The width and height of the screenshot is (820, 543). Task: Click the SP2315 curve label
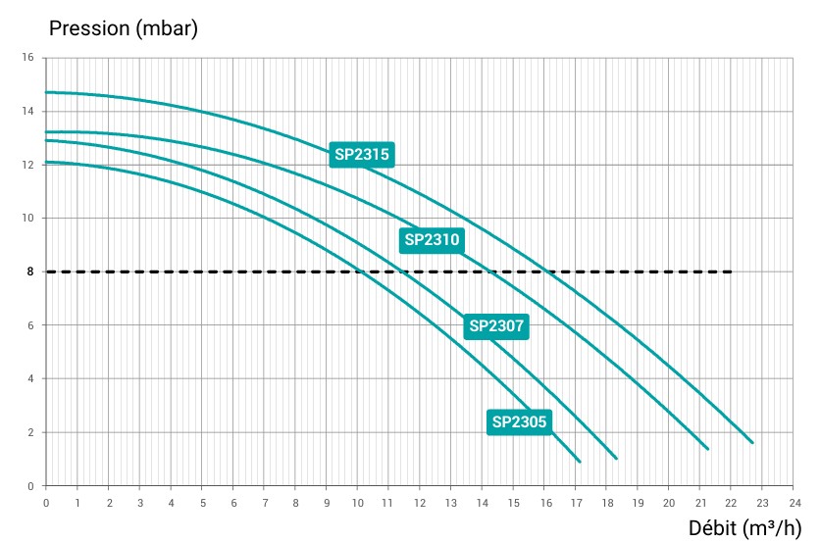coord(362,154)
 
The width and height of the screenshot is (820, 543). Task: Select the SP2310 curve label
coord(432,239)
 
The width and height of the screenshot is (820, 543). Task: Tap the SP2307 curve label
coord(497,325)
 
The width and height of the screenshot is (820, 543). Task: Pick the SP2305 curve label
coord(519,422)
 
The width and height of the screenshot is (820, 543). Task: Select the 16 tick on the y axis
coord(27,58)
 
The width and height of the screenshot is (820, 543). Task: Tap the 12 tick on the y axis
coord(27,165)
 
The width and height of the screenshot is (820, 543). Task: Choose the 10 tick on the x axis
coord(357,502)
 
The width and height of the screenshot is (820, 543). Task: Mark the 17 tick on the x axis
coord(575,502)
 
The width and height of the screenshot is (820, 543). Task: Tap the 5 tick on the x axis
coord(202,502)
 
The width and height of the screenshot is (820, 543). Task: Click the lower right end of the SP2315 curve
coord(752,443)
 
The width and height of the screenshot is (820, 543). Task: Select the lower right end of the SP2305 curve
coord(580,462)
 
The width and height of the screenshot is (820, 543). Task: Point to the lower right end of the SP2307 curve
coord(616,459)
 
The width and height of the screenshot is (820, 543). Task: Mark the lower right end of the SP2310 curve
coord(707,449)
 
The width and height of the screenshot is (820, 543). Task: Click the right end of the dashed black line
coord(731,271)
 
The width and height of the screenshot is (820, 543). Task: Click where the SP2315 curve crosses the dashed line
coord(550,271)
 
